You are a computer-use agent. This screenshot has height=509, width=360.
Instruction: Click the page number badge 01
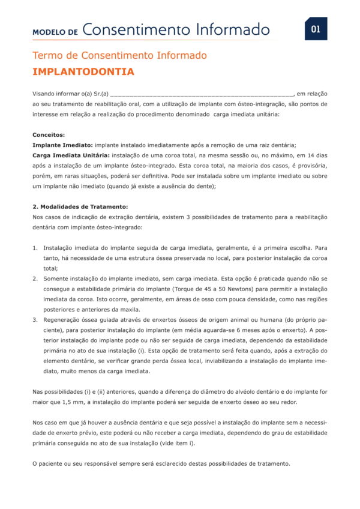coord(316,29)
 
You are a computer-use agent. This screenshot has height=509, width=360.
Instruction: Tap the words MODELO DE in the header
coord(55,31)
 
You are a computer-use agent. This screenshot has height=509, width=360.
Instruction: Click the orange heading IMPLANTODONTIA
coord(83,72)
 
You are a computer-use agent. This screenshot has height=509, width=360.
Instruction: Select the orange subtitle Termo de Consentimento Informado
coord(119,56)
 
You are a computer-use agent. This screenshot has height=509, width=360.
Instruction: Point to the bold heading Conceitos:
coord(49,135)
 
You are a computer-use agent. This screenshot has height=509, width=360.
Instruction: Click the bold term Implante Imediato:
coord(62,145)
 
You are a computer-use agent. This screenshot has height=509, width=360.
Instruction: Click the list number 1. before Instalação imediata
coord(35,247)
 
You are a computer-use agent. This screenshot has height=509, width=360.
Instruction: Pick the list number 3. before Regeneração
coord(35,320)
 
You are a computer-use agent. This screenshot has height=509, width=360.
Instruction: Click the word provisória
coord(314,166)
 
